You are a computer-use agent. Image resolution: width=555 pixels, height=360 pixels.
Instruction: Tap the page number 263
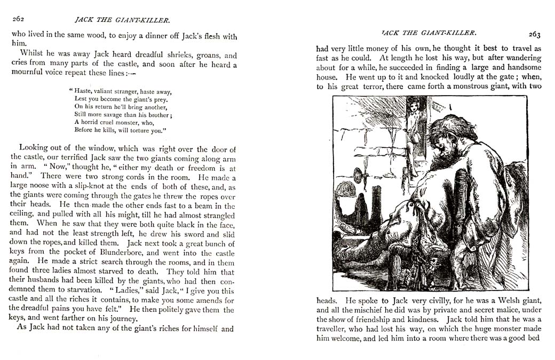click(x=535, y=35)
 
